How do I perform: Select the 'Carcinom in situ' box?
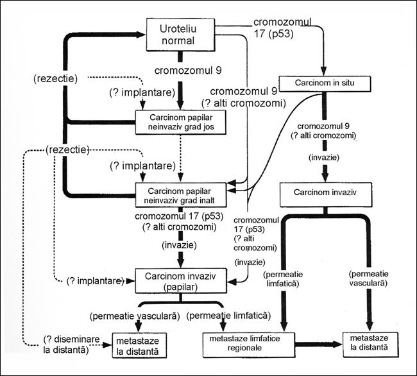[x=325, y=84]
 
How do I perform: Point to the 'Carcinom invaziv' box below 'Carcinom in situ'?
[x=325, y=192]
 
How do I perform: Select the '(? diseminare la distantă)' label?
[x=65, y=345]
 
